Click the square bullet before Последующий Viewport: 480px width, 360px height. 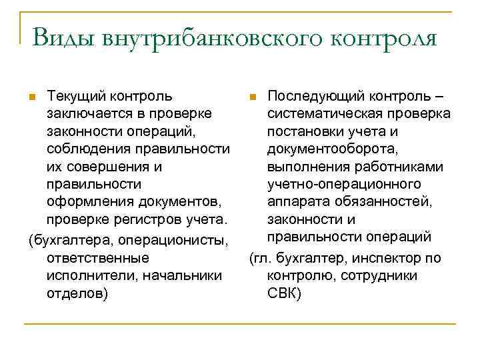tap(252, 97)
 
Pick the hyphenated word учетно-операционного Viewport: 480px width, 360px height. tap(344, 183)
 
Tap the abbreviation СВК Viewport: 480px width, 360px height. tap(284, 291)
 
